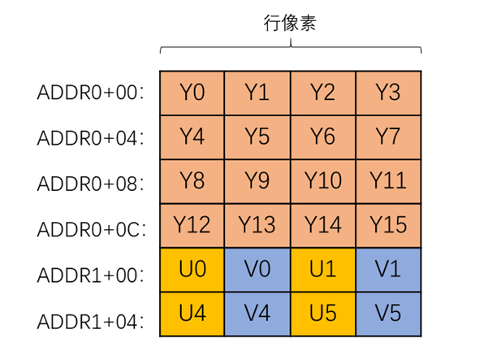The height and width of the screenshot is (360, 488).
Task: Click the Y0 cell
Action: [192, 93]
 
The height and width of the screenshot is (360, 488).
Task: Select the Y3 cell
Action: [388, 93]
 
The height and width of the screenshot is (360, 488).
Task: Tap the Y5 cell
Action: [257, 137]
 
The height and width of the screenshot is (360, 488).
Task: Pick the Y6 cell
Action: [322, 137]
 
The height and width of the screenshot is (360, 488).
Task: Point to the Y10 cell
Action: [322, 180]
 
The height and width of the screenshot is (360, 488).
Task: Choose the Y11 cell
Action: [388, 180]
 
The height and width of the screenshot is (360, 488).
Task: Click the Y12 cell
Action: [192, 224]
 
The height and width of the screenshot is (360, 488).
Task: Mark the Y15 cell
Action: [388, 224]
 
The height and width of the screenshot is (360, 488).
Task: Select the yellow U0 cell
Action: [192, 268]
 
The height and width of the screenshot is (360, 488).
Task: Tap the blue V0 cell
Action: [257, 268]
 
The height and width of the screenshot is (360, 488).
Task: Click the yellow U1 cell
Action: [322, 268]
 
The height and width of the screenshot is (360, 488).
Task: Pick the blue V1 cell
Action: [388, 268]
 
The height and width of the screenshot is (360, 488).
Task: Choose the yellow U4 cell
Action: [192, 312]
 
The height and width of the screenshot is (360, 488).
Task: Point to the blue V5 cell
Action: [388, 312]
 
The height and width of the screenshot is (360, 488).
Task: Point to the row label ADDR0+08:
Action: [90, 181]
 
